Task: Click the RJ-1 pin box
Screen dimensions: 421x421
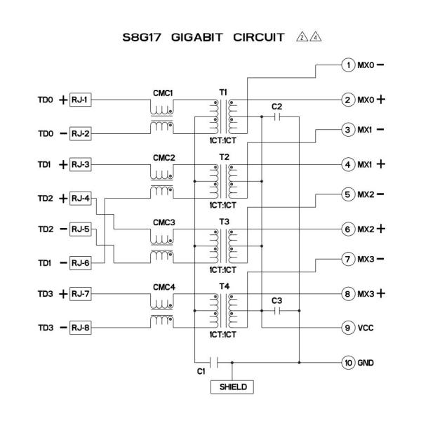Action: point(78,100)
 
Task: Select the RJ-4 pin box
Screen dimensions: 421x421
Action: point(78,198)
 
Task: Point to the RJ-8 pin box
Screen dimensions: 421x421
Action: point(78,327)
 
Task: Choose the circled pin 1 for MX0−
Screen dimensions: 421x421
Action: point(347,65)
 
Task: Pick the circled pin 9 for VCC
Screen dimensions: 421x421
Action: point(347,327)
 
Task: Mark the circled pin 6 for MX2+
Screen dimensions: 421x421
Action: point(347,229)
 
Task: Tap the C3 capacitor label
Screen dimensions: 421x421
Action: point(276,300)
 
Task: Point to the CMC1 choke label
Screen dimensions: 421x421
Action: point(163,91)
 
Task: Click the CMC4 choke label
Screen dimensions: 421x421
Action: point(163,287)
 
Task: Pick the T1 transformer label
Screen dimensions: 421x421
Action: point(224,91)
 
